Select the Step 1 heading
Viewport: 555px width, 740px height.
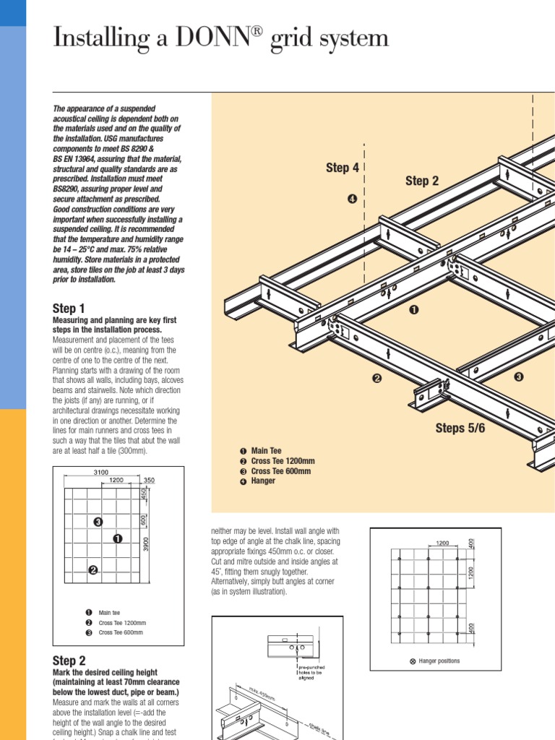click(x=69, y=309)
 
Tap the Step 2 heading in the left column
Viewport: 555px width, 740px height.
click(x=69, y=661)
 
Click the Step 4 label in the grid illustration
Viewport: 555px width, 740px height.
click(x=343, y=168)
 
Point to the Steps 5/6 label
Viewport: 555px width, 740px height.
click(x=460, y=429)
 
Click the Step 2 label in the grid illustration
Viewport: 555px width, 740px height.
click(x=422, y=181)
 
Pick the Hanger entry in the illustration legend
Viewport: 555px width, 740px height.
click(x=263, y=481)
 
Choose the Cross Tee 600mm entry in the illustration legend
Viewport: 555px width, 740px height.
click(x=280, y=471)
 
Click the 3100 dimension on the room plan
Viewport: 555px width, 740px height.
click(x=101, y=472)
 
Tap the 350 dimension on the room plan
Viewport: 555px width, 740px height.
click(x=149, y=480)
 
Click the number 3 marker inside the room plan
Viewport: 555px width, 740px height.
click(x=98, y=522)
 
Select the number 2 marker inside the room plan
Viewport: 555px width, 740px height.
click(x=92, y=571)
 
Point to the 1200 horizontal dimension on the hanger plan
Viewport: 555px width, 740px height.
click(x=442, y=542)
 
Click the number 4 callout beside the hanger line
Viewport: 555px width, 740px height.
click(x=352, y=199)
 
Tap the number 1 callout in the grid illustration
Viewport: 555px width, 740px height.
click(x=414, y=309)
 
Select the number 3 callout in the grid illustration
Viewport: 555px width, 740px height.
click(x=518, y=377)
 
